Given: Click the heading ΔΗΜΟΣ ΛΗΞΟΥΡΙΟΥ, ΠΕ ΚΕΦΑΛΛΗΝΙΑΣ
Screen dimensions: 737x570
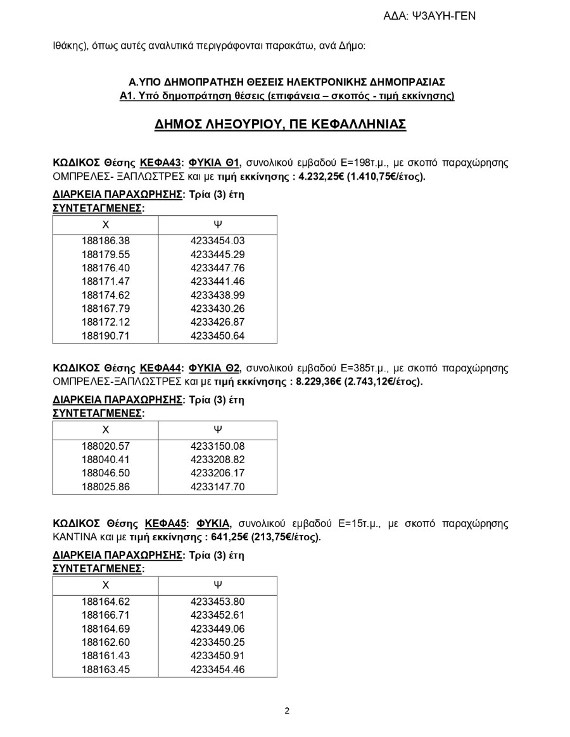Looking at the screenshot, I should [280, 124].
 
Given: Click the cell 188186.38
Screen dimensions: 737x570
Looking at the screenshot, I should [105, 240].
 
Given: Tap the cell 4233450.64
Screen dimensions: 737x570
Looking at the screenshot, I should [217, 336].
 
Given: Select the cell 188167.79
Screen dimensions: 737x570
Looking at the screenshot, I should [105, 309].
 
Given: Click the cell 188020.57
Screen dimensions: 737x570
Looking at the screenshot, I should [105, 446].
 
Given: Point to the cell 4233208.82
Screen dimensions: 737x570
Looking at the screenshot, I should [217, 460].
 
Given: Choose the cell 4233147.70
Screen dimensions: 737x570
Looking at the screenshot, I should [217, 487].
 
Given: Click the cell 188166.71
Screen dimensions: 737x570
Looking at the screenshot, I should [105, 616].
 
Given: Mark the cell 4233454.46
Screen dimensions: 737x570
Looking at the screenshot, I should [217, 670].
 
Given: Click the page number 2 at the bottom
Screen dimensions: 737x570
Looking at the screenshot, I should [287, 710].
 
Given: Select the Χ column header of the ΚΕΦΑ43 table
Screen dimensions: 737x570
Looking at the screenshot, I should [105, 224].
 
